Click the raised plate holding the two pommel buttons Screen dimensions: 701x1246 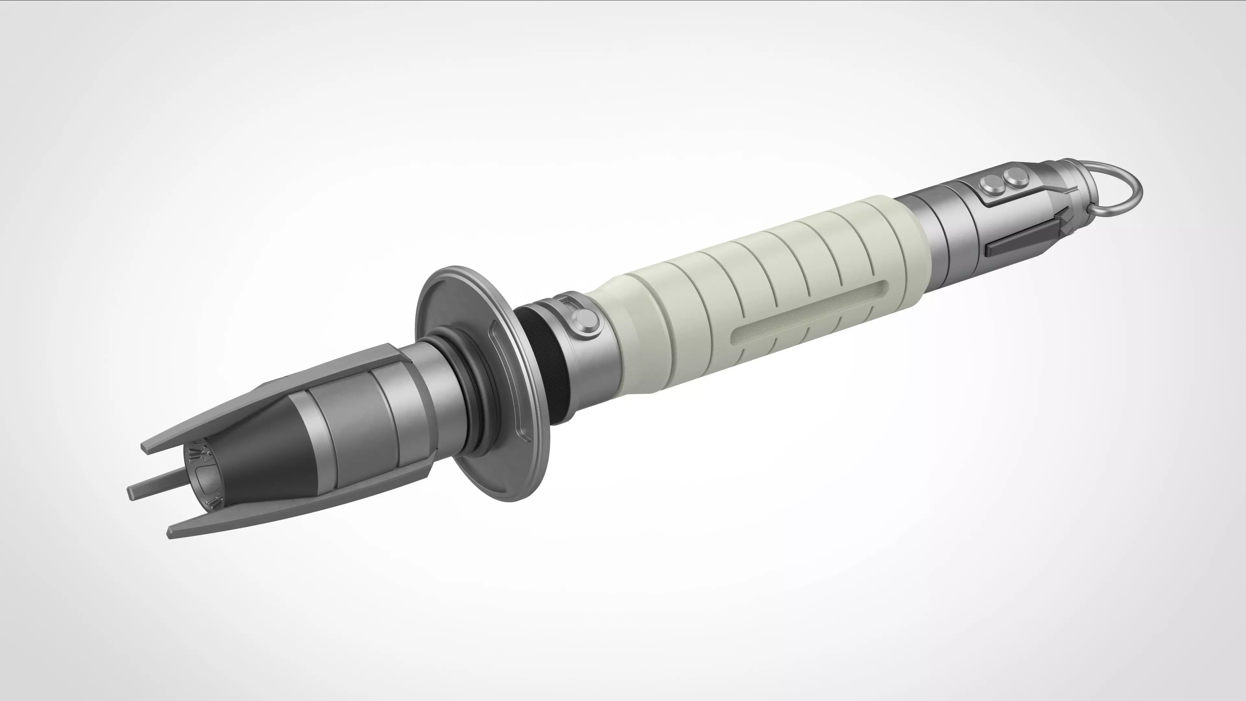1006,188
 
